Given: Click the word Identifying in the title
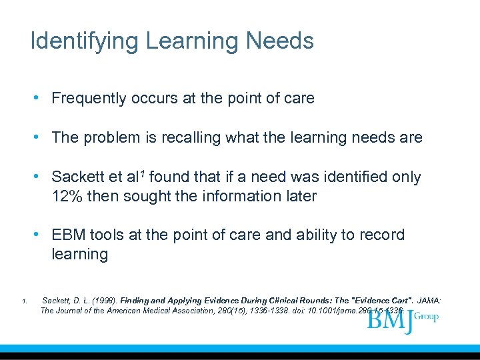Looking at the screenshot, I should coord(84,41).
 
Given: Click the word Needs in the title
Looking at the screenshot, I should coord(280,41).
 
